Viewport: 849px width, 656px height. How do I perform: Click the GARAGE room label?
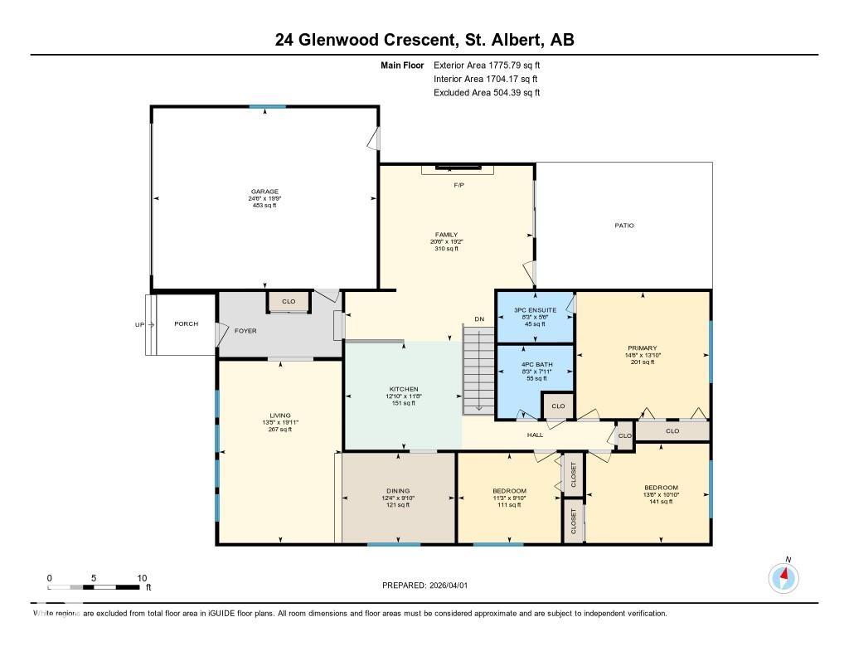pos(264,192)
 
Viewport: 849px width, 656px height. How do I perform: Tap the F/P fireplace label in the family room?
pos(458,185)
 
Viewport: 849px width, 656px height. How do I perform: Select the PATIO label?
pos(624,226)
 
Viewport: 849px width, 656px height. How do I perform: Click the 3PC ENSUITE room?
pos(536,316)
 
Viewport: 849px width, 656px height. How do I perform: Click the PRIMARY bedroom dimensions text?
pos(643,355)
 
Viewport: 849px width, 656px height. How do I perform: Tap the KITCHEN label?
pos(404,389)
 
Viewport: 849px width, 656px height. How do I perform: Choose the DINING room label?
pos(398,491)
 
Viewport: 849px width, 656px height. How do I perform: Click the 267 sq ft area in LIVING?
pos(279,430)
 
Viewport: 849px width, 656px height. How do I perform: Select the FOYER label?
pos(245,331)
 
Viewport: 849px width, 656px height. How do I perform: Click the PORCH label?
pos(186,324)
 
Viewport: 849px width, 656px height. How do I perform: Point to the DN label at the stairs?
pos(478,318)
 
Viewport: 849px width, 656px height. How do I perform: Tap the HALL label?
pos(535,434)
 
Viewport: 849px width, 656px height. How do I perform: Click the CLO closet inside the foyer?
pos(288,302)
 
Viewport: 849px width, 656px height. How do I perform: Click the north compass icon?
pos(784,577)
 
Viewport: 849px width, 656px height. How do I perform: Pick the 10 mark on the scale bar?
pos(142,578)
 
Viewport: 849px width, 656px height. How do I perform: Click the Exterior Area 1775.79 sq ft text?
pos(487,65)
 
